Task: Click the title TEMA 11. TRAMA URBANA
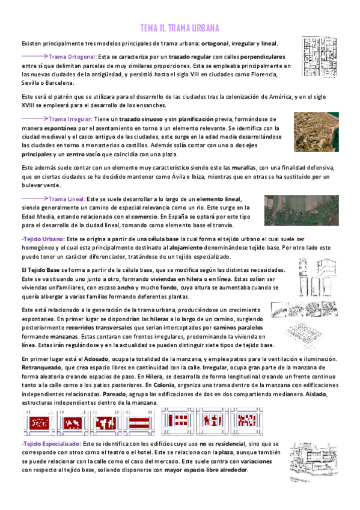180,28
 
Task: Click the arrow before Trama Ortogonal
35,57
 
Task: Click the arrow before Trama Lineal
35,198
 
